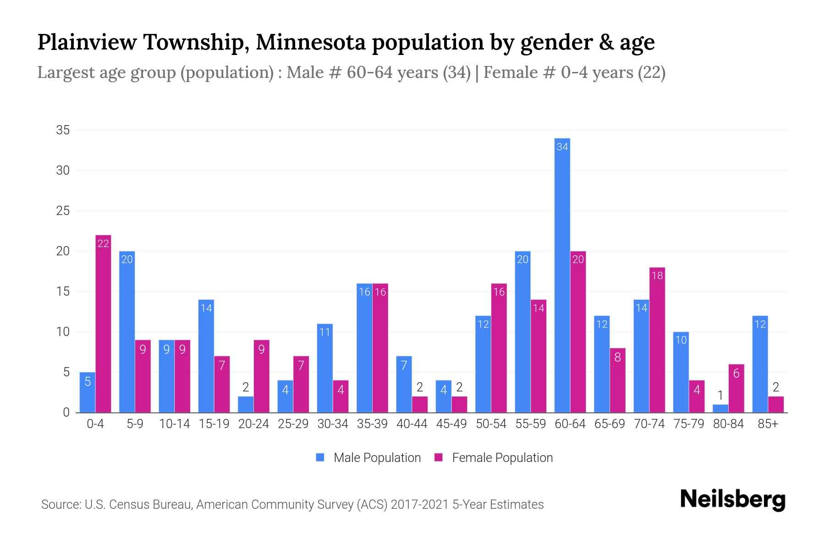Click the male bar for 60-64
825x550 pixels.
tap(562, 275)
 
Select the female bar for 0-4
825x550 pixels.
tap(103, 324)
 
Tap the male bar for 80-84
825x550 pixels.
tap(720, 408)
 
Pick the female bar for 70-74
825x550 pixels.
tap(657, 340)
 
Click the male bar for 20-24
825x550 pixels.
tap(246, 404)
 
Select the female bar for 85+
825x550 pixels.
tap(775, 404)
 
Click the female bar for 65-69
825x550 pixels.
tap(617, 380)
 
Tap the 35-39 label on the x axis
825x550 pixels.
tap(372, 424)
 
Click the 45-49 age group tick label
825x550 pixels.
tap(451, 424)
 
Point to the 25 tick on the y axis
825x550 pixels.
tap(63, 211)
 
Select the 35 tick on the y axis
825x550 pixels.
tap(63, 130)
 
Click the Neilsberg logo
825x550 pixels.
tap(732, 499)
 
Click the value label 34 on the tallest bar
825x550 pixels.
tap(562, 147)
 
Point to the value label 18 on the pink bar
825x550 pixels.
tap(657, 275)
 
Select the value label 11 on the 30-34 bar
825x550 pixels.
tap(324, 332)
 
